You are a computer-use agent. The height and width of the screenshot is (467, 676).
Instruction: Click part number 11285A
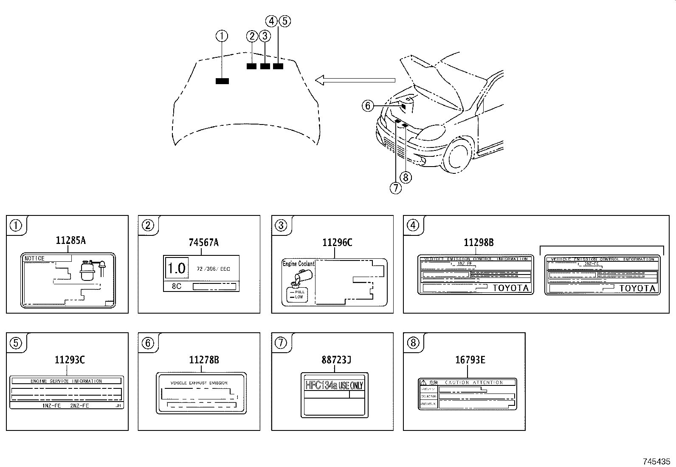[x=70, y=241]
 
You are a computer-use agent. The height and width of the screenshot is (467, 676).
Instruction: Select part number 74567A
[x=203, y=242]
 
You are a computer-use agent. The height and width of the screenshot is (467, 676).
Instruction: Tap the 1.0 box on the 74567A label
[x=176, y=268]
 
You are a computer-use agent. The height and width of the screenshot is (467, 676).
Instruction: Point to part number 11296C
[x=337, y=242]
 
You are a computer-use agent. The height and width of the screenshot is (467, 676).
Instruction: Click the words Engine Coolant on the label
[x=299, y=264]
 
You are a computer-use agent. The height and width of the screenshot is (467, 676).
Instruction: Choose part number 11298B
[x=479, y=242]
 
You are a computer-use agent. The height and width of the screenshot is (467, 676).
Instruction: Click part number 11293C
[x=70, y=360]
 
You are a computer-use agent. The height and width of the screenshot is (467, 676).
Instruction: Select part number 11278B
[x=204, y=360]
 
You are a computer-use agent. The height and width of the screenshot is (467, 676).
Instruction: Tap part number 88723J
[x=336, y=360]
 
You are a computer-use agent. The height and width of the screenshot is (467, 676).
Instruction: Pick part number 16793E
[x=470, y=360]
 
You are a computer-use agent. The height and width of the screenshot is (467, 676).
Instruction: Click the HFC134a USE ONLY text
[x=334, y=385]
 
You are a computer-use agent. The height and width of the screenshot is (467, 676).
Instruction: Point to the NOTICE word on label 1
[x=35, y=258]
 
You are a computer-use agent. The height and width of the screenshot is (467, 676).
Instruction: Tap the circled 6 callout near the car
[x=368, y=105]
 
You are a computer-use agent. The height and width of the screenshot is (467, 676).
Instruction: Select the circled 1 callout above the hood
[x=222, y=36]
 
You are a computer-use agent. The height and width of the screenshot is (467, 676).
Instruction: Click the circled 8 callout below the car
[x=406, y=177]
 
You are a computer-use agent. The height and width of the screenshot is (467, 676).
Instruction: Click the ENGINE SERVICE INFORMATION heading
[x=66, y=381]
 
